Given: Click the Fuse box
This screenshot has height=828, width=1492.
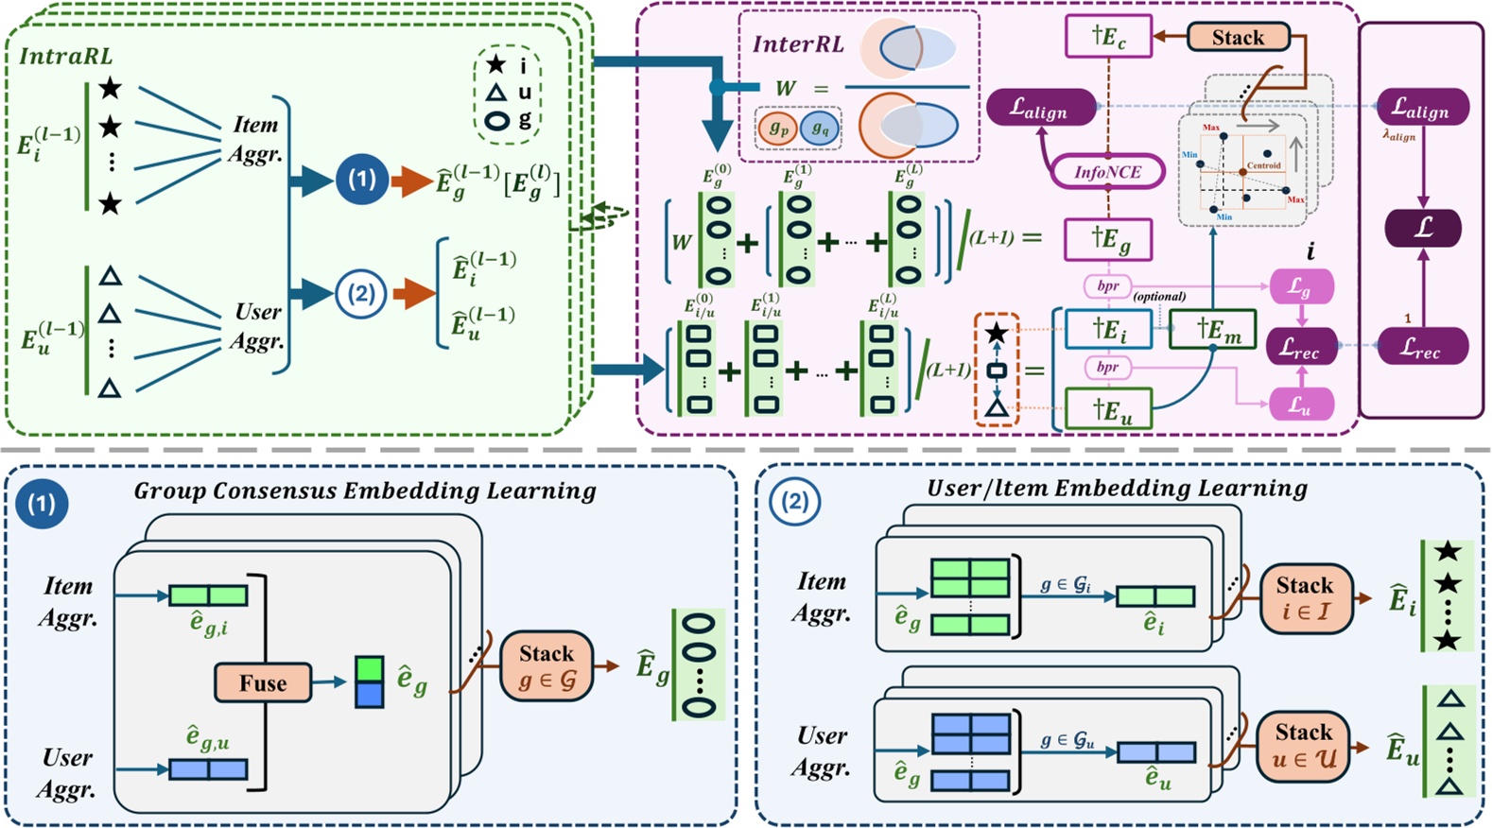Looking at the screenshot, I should [262, 682].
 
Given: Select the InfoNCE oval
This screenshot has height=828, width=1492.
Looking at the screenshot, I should [1107, 172].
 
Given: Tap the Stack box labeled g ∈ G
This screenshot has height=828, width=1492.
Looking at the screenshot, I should [546, 666].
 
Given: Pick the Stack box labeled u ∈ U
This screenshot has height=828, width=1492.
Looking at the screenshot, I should [1304, 745].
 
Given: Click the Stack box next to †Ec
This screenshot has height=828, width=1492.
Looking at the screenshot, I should [1238, 38].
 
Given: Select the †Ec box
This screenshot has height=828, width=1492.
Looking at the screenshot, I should [1108, 38].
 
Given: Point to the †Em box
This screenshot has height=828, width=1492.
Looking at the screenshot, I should [1212, 329].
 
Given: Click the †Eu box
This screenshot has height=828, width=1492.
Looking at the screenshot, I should [1109, 410].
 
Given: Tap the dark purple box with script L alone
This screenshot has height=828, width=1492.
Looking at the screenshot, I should [1423, 228].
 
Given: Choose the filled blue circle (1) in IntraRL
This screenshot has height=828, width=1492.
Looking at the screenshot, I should [361, 179].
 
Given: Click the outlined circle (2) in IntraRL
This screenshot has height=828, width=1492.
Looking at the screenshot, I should [361, 294].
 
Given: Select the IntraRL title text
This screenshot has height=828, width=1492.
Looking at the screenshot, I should [66, 56].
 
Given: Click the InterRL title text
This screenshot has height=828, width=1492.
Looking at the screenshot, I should [797, 44].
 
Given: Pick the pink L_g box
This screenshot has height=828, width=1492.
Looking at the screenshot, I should [1301, 287].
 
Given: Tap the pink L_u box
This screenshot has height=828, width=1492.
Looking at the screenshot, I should [1301, 405].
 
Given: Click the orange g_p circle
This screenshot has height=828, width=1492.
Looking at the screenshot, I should [778, 129].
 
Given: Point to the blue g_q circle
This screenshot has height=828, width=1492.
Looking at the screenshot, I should [820, 129].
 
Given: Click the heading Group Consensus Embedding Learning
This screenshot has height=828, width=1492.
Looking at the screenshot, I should [365, 491].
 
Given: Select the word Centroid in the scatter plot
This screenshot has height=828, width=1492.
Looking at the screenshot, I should [1263, 165].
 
